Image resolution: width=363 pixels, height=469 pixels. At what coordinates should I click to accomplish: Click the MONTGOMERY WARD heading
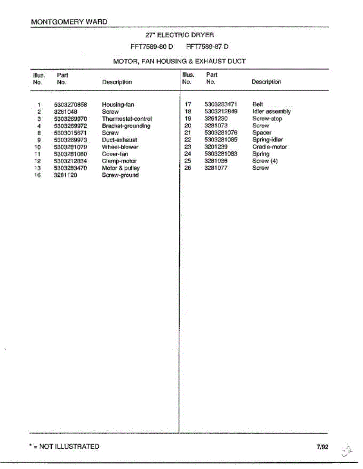pyautogui.click(x=69, y=22)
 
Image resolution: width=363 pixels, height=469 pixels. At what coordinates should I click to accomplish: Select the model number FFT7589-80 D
pyautogui.click(x=152, y=47)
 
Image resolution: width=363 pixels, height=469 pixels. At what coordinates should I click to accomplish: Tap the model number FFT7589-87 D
pyautogui.click(x=208, y=47)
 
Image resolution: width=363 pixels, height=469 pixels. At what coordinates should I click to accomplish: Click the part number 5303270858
pyautogui.click(x=70, y=105)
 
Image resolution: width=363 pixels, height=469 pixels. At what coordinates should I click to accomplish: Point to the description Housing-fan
pyautogui.click(x=118, y=105)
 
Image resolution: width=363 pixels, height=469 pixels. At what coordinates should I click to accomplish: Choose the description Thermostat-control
pyautogui.click(x=127, y=119)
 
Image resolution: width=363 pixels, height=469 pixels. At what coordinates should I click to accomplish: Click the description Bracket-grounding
pyautogui.click(x=126, y=126)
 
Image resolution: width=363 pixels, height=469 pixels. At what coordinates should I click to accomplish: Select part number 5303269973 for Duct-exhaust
pyautogui.click(x=70, y=140)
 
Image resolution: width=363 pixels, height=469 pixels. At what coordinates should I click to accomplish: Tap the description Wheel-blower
pyautogui.click(x=120, y=147)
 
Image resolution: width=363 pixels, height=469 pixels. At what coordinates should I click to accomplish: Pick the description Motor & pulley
pyautogui.click(x=121, y=168)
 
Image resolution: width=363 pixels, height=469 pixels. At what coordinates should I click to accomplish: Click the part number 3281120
pyautogui.click(x=65, y=175)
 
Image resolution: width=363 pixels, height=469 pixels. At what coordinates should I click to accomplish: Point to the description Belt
pyautogui.click(x=258, y=104)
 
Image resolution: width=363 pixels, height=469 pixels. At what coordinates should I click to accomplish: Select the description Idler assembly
pyautogui.click(x=271, y=111)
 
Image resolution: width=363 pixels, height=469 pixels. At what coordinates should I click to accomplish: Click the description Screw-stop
pyautogui.click(x=267, y=118)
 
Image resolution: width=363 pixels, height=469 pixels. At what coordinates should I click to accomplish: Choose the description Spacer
pyautogui.click(x=262, y=133)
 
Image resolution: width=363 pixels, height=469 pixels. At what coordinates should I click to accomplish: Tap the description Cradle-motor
pyautogui.click(x=269, y=147)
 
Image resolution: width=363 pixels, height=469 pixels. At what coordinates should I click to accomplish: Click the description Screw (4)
pyautogui.click(x=265, y=161)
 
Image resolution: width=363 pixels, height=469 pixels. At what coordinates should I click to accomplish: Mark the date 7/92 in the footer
pyautogui.click(x=322, y=447)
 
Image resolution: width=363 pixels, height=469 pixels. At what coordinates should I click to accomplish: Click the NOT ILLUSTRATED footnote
pyautogui.click(x=65, y=446)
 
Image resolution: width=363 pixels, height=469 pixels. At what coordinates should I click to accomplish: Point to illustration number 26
pyautogui.click(x=188, y=168)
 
